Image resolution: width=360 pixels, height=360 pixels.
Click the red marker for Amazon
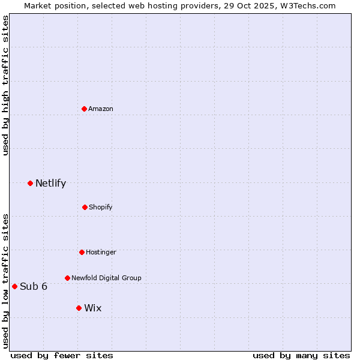pos(85,109)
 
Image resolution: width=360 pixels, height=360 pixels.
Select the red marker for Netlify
pos(30,183)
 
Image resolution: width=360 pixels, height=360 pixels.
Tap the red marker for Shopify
pos(85,207)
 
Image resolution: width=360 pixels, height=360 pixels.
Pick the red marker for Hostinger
pos(82,252)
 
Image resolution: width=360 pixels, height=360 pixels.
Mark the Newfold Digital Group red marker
pos(67,278)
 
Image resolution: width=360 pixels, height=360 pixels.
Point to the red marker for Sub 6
pos(14,286)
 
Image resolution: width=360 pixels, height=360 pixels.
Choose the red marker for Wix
pos(79,308)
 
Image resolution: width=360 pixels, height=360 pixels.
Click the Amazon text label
pos(101,109)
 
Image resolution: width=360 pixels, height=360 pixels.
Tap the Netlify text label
pos(50,183)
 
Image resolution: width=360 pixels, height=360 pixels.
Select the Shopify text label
pos(101,207)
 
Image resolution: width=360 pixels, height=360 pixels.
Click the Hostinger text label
pos(101,252)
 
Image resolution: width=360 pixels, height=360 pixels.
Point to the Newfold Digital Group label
pos(106,278)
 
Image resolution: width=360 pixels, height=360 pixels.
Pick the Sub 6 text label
pos(34,286)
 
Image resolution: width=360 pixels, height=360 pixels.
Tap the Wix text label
pos(93,308)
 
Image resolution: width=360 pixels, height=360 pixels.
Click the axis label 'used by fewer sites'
pos(62,355)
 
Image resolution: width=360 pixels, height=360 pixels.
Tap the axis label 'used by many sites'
pos(301,355)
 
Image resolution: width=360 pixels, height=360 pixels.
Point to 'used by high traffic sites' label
pos(5,85)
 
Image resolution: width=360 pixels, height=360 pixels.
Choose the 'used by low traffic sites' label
pos(5,281)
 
